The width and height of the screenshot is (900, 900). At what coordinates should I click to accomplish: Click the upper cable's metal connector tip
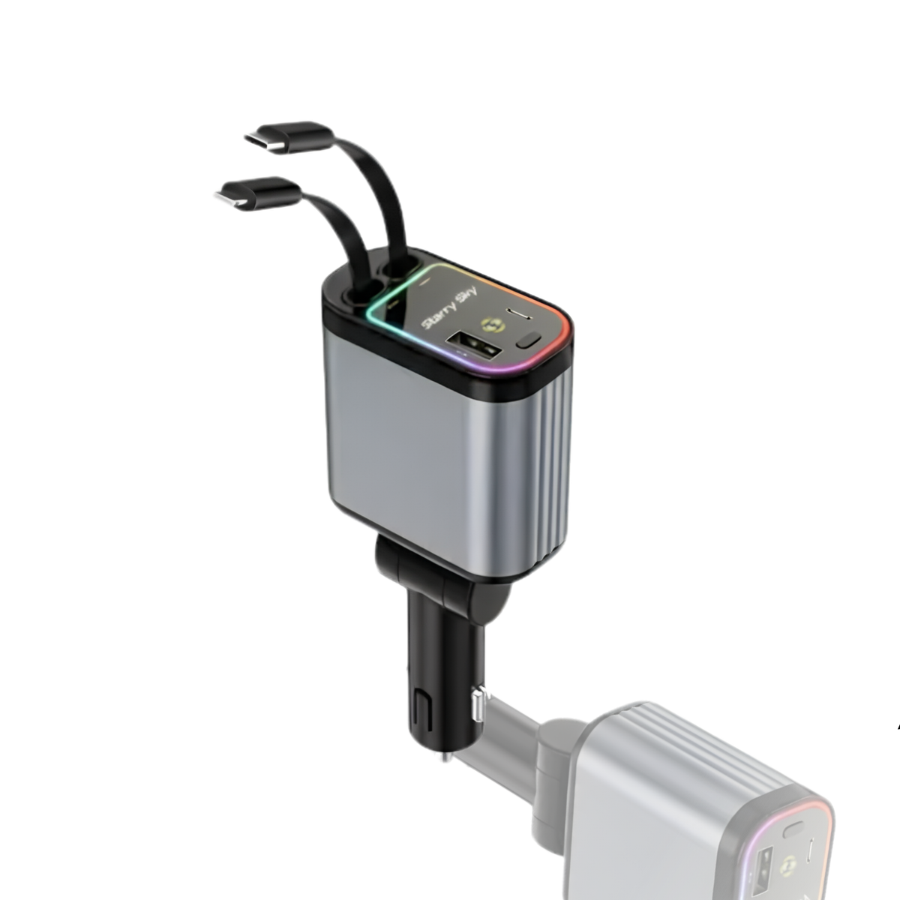point(264,142)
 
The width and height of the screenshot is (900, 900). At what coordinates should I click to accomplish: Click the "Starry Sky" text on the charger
point(450,308)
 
